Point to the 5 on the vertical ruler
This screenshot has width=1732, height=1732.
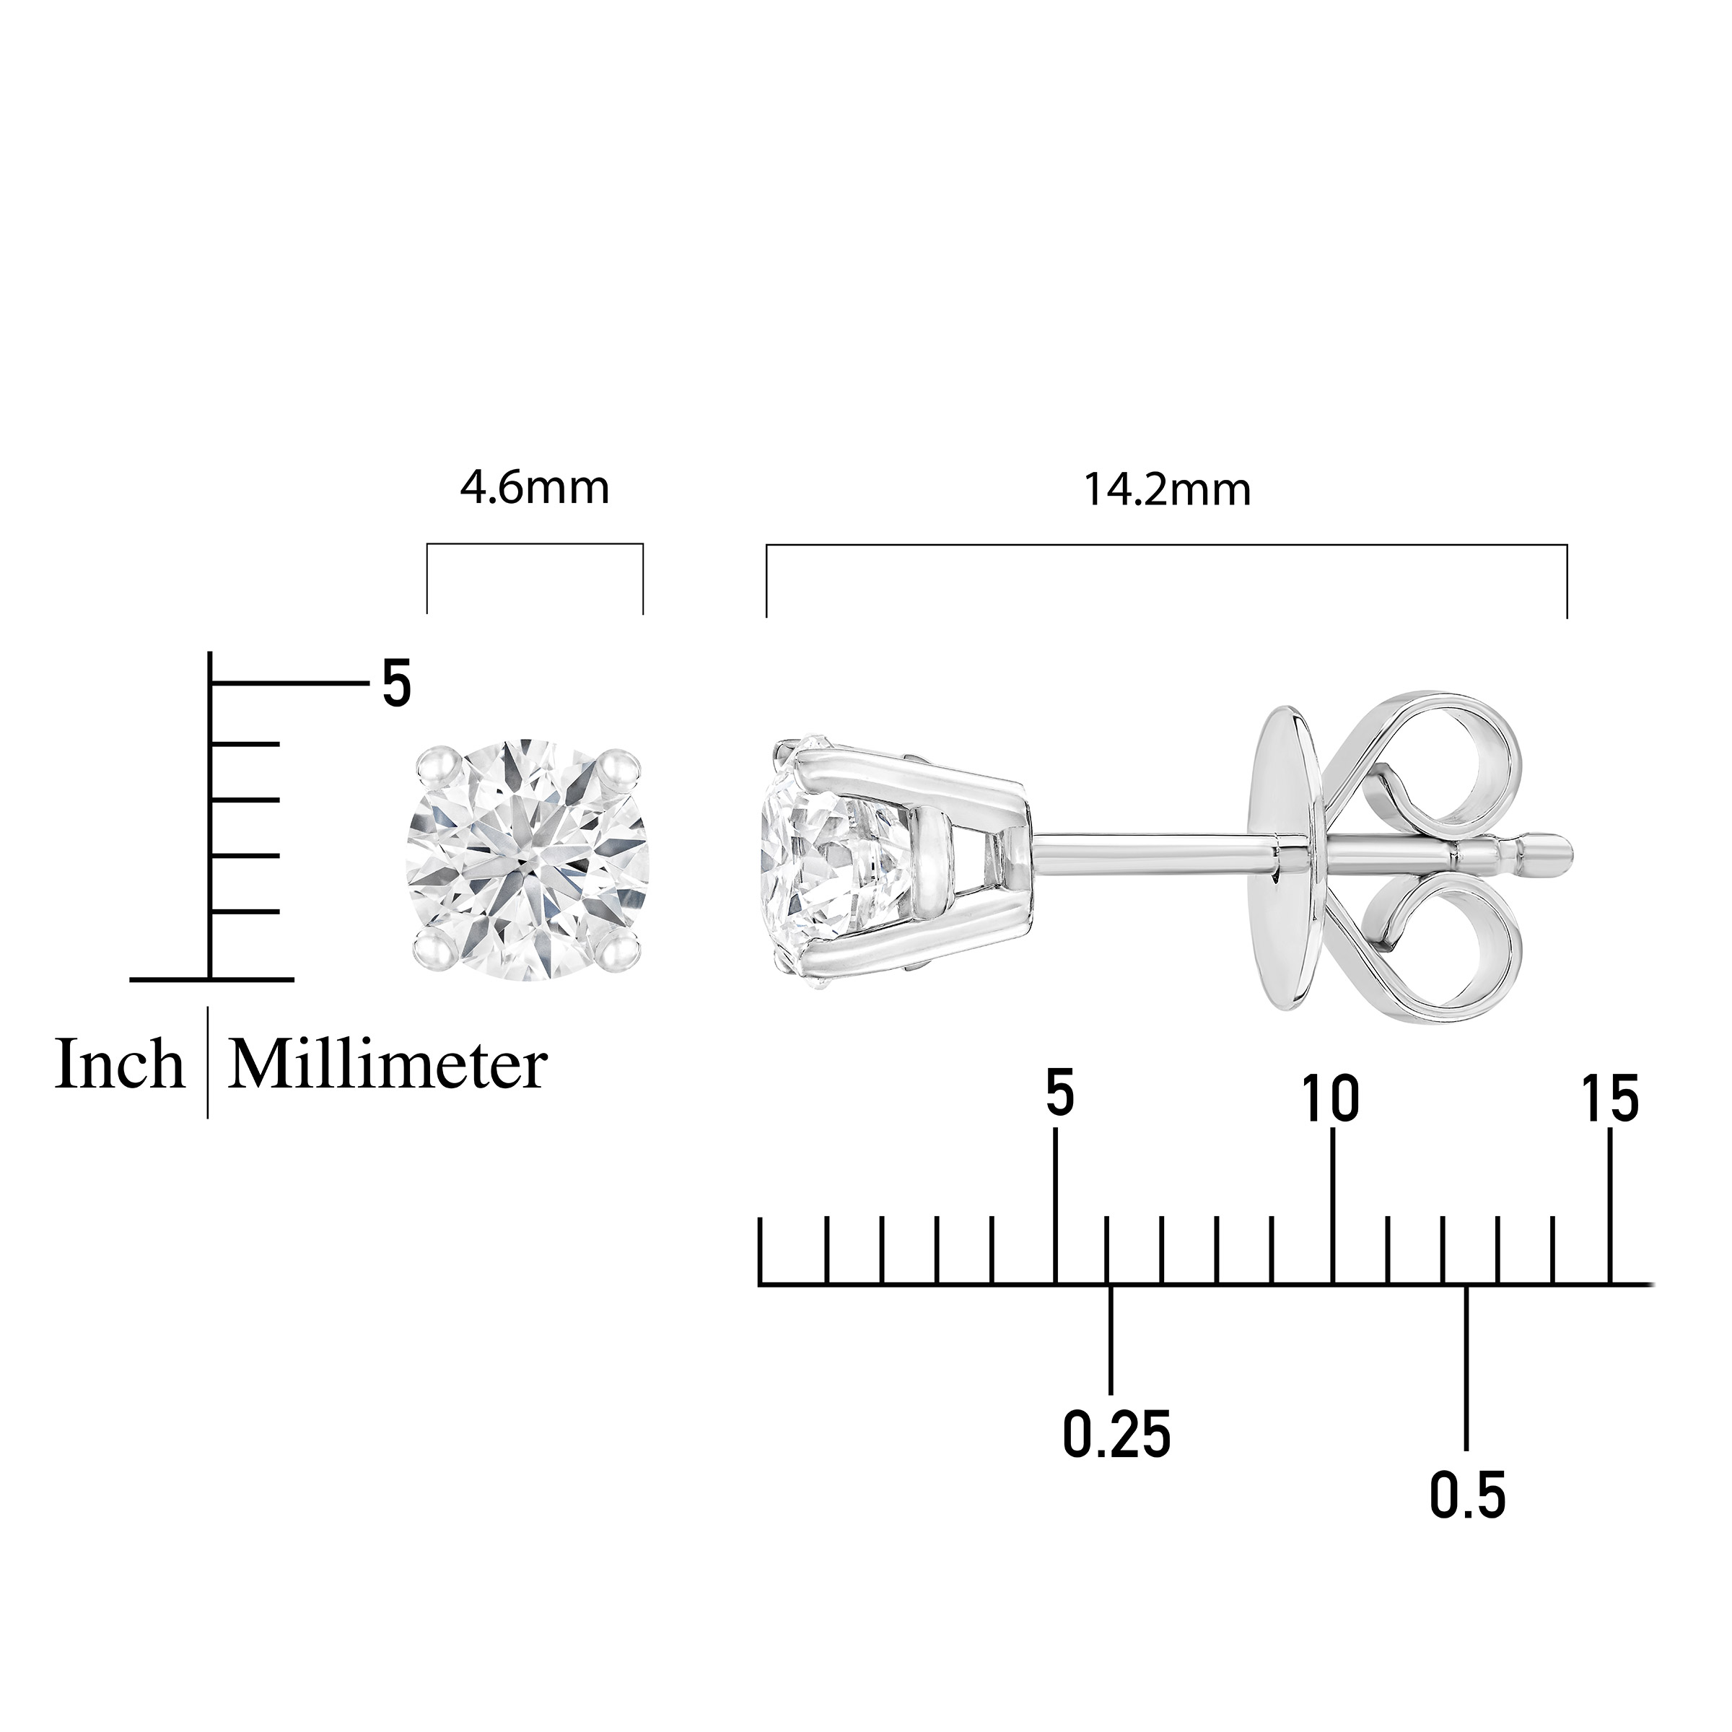(396, 684)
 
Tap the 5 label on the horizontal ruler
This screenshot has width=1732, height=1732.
(1059, 1095)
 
